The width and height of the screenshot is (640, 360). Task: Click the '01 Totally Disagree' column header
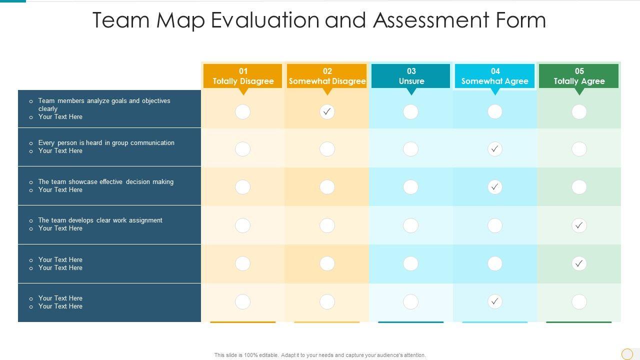point(243,76)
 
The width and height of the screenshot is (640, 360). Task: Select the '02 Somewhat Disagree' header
point(327,76)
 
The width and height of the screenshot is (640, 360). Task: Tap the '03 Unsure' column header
point(411,76)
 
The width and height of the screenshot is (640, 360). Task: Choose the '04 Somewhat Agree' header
point(495,76)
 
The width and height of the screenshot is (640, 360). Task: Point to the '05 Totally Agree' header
point(579,76)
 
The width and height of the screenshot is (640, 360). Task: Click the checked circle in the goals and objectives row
point(327,112)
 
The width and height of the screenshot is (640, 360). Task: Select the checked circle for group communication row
point(495,149)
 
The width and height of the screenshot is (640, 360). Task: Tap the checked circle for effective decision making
point(495,187)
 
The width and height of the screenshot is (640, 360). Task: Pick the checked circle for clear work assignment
point(579,225)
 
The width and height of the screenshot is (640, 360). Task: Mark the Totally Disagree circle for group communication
point(242,149)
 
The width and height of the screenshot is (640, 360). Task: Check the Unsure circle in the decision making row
point(410,187)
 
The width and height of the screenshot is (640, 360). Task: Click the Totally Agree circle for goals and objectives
point(579,112)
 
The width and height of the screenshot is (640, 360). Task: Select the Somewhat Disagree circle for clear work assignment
point(327,225)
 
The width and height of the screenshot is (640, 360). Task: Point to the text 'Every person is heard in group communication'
point(106,143)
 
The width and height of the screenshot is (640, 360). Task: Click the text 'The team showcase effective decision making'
point(105,182)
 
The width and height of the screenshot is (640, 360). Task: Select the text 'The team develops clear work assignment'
point(100,220)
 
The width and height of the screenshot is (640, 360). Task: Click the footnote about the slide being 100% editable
point(320,355)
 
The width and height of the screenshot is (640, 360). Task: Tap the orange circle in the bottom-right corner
point(627,354)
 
